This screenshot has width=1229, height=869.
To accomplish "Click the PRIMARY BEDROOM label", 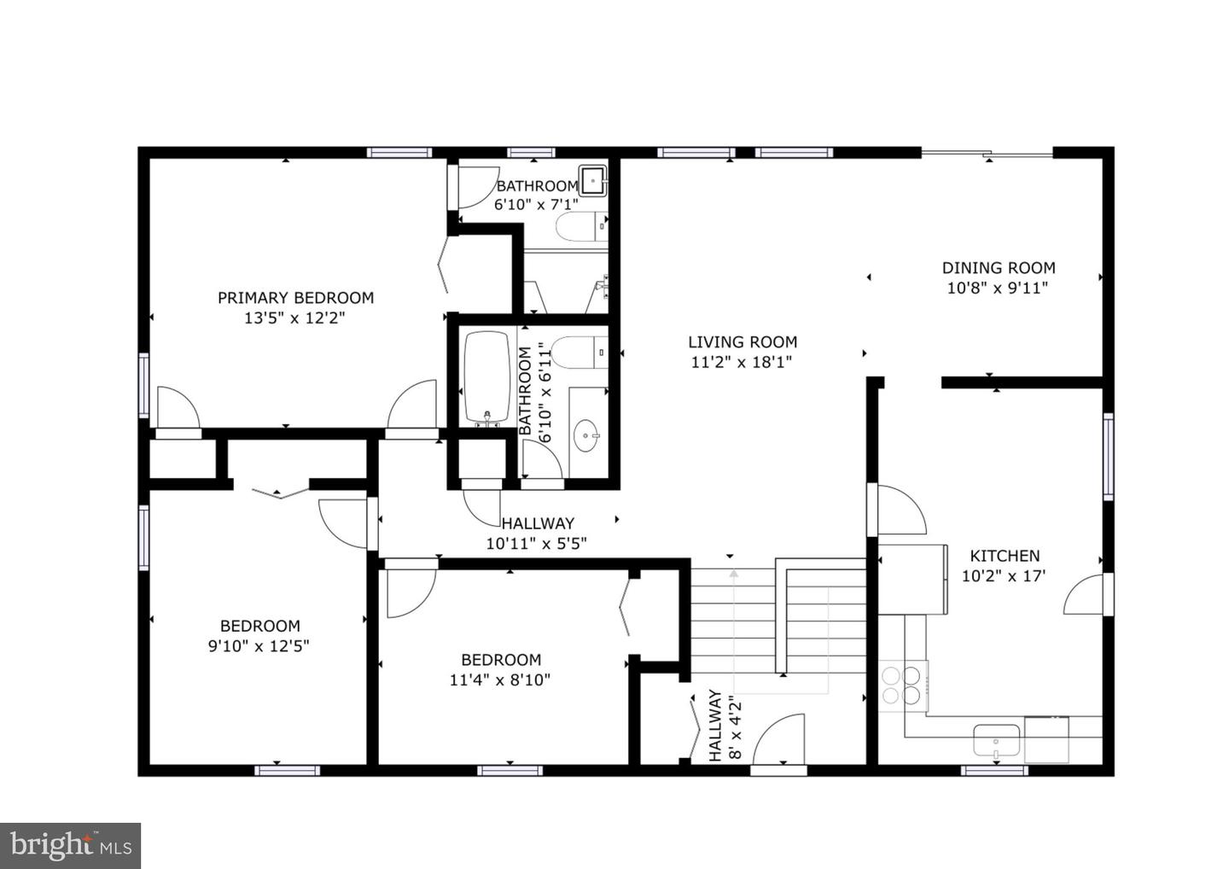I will click(x=295, y=298).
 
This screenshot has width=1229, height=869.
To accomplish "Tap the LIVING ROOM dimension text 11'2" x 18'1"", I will click(x=741, y=362).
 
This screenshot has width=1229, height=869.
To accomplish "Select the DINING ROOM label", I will click(x=998, y=267).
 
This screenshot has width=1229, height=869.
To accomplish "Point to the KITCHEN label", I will click(x=1004, y=555).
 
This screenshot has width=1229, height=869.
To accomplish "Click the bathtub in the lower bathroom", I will click(x=486, y=376).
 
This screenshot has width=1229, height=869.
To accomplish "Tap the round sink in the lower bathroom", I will click(x=585, y=435).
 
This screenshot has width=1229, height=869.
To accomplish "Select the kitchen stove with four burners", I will click(x=903, y=684).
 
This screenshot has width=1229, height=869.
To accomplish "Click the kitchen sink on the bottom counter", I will click(x=997, y=739).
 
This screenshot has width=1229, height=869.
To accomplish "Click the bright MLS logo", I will click(x=70, y=845).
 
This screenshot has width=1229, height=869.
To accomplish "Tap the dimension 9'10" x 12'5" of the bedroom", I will click(x=259, y=646).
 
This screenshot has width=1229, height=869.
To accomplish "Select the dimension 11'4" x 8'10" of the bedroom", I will click(x=500, y=680).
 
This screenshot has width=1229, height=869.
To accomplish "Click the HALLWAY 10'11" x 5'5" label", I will click(x=537, y=533).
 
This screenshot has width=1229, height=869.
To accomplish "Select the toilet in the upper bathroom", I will click(x=581, y=228).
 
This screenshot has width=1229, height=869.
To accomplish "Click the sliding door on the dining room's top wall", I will click(x=987, y=154).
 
